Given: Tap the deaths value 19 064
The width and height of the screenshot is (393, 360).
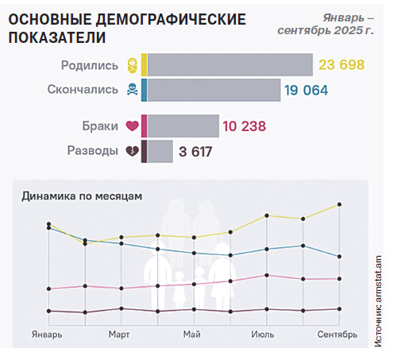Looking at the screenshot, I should (310, 91).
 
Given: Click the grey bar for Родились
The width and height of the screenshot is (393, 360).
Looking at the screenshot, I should (230, 65).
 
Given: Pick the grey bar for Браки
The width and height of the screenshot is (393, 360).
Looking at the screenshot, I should (183, 126).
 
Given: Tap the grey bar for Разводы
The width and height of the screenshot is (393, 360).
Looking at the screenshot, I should (160, 151).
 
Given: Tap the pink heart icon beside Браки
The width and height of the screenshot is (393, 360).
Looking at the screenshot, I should (132, 126).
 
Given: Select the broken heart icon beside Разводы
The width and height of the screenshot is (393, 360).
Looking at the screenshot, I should (132, 151).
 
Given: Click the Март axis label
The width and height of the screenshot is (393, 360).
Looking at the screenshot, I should (121, 334).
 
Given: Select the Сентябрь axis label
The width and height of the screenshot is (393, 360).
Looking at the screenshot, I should (337, 334).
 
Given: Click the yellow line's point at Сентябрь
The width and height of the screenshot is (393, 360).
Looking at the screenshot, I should (340, 204).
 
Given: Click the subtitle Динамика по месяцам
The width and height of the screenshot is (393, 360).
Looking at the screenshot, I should (82, 195).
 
